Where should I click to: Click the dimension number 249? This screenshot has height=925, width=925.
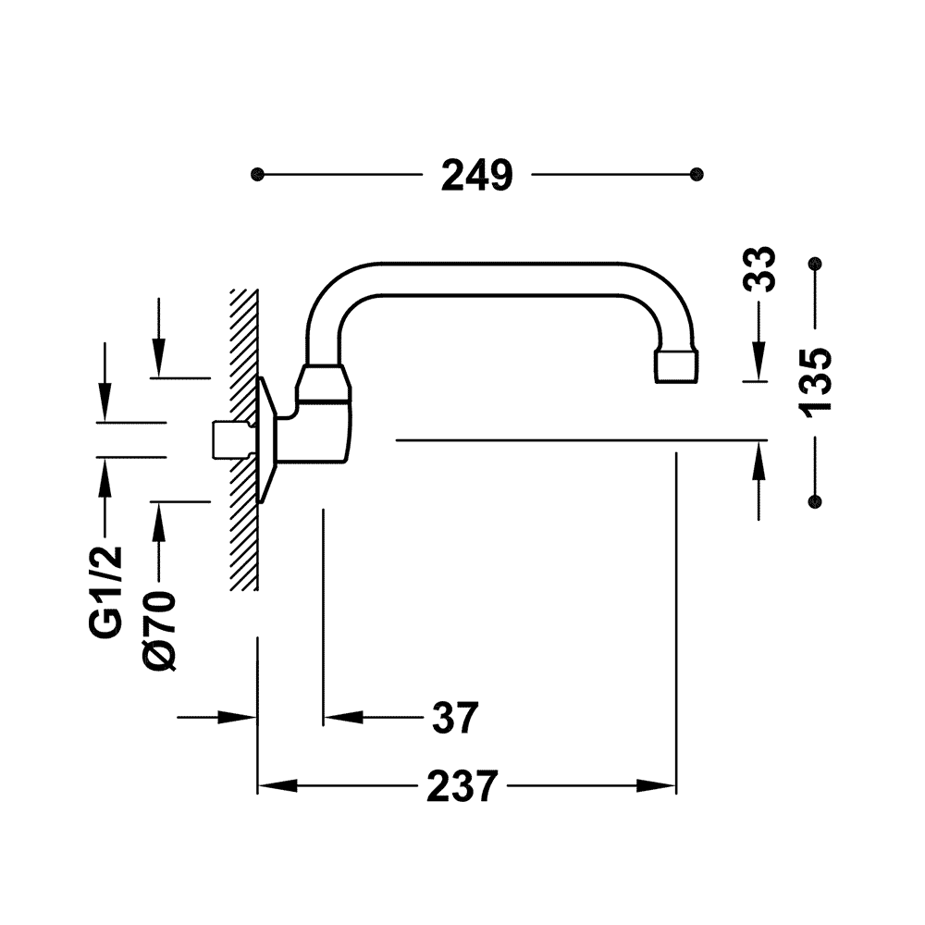pyautogui.click(x=477, y=175)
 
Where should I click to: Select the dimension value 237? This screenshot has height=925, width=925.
pyautogui.click(x=462, y=785)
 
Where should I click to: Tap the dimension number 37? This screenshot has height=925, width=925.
pyautogui.click(x=455, y=718)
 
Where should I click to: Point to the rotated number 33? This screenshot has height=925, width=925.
pyautogui.click(x=758, y=269)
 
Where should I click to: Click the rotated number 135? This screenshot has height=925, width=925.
pyautogui.click(x=815, y=383)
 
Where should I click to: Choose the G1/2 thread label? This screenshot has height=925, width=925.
pyautogui.click(x=106, y=592)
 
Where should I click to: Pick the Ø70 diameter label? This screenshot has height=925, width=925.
pyautogui.click(x=159, y=631)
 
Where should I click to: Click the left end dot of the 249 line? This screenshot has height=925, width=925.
pyautogui.click(x=257, y=175)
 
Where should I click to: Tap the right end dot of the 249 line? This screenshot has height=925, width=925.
pyautogui.click(x=697, y=175)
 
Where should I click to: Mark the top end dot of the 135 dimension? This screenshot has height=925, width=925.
pyautogui.click(x=815, y=263)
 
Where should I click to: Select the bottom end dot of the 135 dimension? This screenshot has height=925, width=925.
pyautogui.click(x=815, y=501)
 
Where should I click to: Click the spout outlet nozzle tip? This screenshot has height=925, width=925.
pyautogui.click(x=676, y=366)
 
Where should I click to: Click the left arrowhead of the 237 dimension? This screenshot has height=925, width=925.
pyautogui.click(x=277, y=785)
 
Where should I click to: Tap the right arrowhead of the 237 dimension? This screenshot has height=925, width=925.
pyautogui.click(x=656, y=785)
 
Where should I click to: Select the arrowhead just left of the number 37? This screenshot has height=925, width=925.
pyautogui.click(x=343, y=718)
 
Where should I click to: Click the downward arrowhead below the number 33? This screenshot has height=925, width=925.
pyautogui.click(x=758, y=361)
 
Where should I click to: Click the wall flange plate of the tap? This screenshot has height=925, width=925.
pyautogui.click(x=267, y=440)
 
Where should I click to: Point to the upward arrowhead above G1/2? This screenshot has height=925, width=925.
pyautogui.click(x=105, y=478)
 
